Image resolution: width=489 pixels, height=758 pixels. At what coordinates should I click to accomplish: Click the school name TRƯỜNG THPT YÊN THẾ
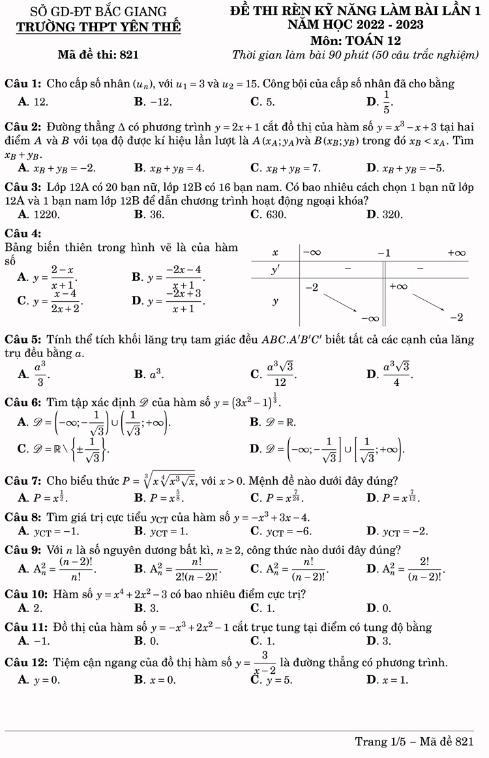click(98, 27)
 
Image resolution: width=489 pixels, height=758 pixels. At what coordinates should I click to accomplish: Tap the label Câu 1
click(23, 83)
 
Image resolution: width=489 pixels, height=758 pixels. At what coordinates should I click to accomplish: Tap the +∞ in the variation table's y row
click(398, 286)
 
